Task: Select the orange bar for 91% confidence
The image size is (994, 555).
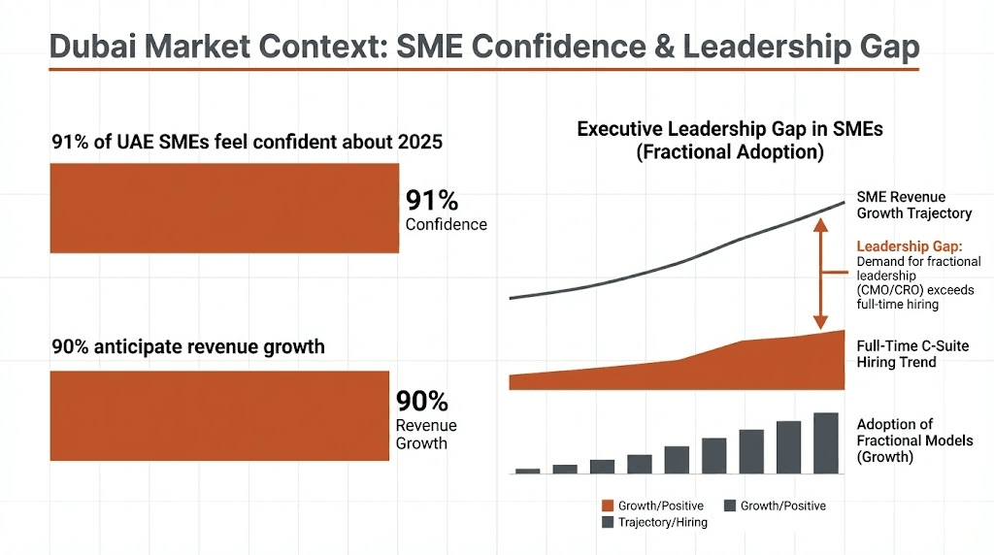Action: pyautogui.click(x=224, y=208)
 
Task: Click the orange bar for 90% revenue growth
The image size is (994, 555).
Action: pyautogui.click(x=219, y=415)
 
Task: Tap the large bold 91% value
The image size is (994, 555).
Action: pyautogui.click(x=432, y=201)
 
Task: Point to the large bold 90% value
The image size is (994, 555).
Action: pyautogui.click(x=422, y=402)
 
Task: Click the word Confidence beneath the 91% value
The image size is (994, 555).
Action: pyautogui.click(x=446, y=225)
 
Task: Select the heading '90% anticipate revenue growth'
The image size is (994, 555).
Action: pyautogui.click(x=187, y=346)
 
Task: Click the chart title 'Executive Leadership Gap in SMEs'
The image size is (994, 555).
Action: pyautogui.click(x=730, y=129)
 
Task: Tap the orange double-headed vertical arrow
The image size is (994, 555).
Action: pyautogui.click(x=819, y=273)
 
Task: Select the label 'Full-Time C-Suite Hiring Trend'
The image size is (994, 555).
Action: pyautogui.click(x=911, y=354)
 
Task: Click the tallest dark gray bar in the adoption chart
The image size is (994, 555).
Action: pyautogui.click(x=825, y=442)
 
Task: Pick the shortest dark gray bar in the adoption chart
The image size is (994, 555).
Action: pyautogui.click(x=527, y=471)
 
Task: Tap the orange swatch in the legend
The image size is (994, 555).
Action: pyautogui.click(x=609, y=506)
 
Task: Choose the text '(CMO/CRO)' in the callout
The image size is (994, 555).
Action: pyautogui.click(x=887, y=289)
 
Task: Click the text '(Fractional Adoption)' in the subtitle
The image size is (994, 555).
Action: pyautogui.click(x=730, y=152)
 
